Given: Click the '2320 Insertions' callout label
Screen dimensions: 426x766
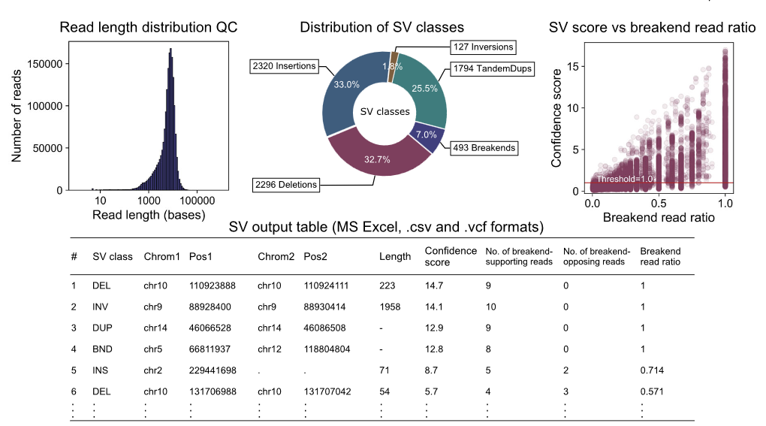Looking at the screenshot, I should tap(284, 67).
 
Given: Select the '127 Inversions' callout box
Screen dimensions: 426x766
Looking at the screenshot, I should tap(484, 47).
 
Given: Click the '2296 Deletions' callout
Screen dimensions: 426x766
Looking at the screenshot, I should tap(286, 184).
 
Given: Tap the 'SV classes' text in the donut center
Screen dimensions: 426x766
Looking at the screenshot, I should tap(385, 111).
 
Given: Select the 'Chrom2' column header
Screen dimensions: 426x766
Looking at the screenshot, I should tap(276, 256).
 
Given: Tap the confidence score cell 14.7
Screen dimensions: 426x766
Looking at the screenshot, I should tap(433, 286).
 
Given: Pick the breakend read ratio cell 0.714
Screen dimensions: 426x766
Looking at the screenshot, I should tap(652, 370).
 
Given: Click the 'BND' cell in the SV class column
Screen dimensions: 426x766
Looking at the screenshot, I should tap(102, 349).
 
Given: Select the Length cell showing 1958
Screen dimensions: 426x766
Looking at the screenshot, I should tap(391, 307).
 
